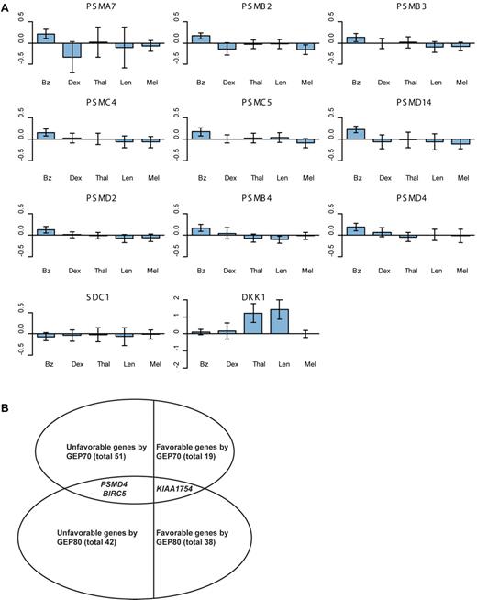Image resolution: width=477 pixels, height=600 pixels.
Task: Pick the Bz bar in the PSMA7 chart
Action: point(44,38)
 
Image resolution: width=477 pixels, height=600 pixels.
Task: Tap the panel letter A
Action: point(6,6)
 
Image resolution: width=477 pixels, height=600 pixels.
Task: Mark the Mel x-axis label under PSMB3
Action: point(463,76)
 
